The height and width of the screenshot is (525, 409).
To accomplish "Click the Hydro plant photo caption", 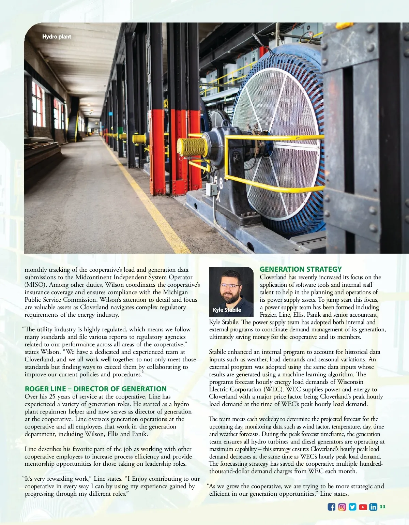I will (x=57, y=37).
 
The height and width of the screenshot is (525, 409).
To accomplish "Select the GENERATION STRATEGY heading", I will (x=300, y=269).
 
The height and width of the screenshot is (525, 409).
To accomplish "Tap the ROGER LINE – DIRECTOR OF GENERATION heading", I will (x=95, y=389).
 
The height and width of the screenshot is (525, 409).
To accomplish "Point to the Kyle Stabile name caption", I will (x=227, y=310).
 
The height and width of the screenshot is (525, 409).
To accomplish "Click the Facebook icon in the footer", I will (x=331, y=507).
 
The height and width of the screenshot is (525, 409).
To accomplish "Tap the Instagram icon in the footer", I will (x=342, y=507).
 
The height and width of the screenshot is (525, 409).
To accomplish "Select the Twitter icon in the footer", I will (x=352, y=507).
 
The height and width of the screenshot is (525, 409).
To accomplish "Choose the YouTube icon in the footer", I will (x=363, y=507).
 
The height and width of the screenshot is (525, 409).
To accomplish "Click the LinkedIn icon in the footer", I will (x=373, y=507).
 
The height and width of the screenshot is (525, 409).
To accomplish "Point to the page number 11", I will (x=382, y=507).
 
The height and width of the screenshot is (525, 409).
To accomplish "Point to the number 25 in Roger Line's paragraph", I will (x=52, y=396).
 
